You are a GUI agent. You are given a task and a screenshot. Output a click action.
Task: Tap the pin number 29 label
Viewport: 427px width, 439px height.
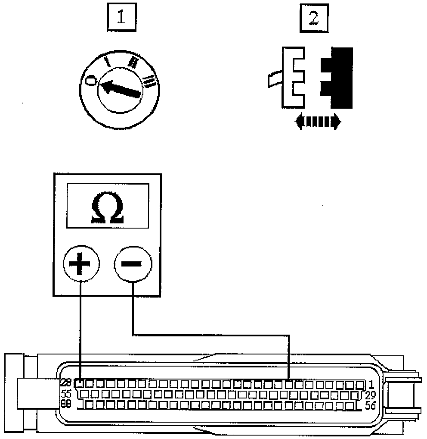pos(370,394)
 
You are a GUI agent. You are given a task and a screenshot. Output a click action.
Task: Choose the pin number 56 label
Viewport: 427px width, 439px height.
pos(370,405)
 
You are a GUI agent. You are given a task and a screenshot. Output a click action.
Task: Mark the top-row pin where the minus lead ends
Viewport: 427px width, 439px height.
pos(289,383)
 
